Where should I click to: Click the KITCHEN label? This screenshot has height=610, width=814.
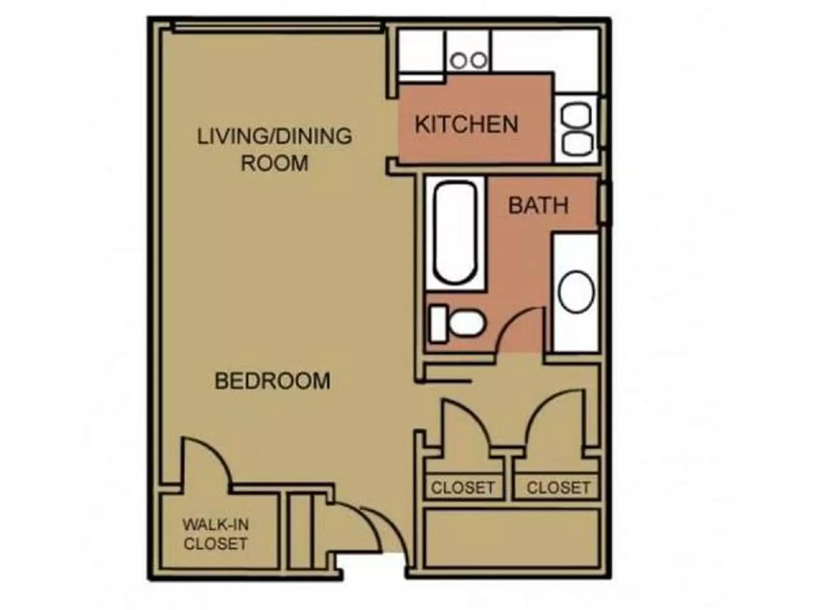466,125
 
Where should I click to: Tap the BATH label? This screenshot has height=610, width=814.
538,205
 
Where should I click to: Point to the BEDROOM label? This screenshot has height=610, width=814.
272,381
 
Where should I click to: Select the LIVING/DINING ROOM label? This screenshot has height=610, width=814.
274,149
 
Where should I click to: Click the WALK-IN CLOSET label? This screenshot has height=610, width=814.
216,534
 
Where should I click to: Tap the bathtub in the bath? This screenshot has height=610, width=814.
455,232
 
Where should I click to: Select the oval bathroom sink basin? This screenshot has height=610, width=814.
576,292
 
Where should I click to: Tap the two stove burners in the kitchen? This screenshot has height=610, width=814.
469,61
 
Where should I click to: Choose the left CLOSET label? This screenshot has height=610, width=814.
462,488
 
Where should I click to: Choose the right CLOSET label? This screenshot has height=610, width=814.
558,488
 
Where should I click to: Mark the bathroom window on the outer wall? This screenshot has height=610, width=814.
603,204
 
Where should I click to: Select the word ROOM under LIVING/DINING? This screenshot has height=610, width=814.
274,163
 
